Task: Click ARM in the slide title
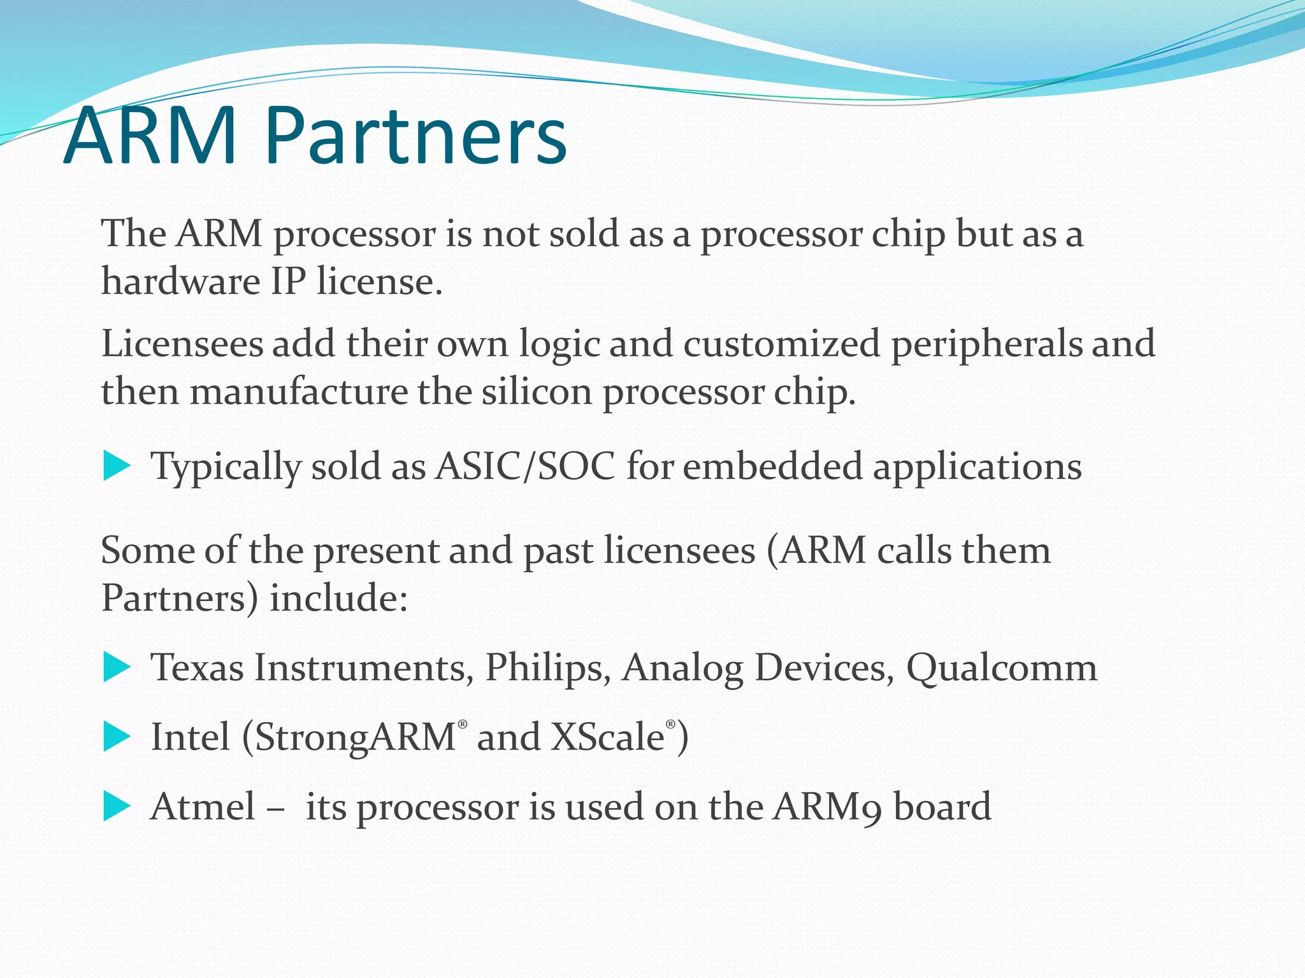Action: pyautogui.click(x=150, y=137)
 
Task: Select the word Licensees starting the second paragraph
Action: pyautogui.click(x=182, y=344)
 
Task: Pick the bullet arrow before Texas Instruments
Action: pyautogui.click(x=116, y=667)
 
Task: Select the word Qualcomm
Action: pyautogui.click(x=1001, y=669)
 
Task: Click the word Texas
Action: pyautogui.click(x=197, y=667)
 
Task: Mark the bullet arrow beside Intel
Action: pyautogui.click(x=116, y=737)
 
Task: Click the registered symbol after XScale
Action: pyautogui.click(x=670, y=725)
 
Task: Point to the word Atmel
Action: pyautogui.click(x=203, y=806)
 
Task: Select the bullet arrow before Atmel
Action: pyautogui.click(x=116, y=806)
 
